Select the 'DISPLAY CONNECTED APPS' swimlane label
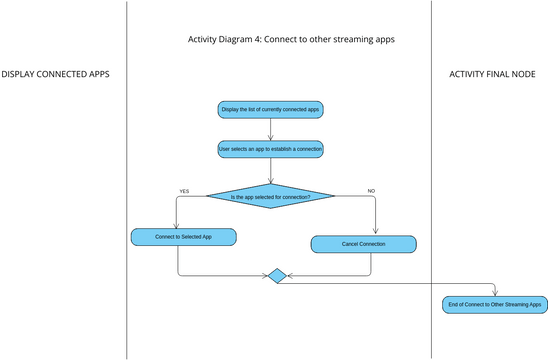pyautogui.click(x=55, y=75)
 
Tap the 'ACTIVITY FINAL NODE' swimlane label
pyautogui.click(x=491, y=75)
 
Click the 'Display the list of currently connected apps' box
pyautogui.click(x=270, y=108)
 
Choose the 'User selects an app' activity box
pyautogui.click(x=270, y=149)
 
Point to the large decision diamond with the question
pyautogui.click(x=270, y=196)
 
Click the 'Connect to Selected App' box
pyautogui.click(x=183, y=237)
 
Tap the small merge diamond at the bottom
pyautogui.click(x=277, y=275)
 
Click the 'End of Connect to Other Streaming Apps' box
pyautogui.click(x=494, y=304)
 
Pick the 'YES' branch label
pyautogui.click(x=184, y=190)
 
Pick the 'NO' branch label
pyautogui.click(x=371, y=190)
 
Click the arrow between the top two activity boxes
pyautogui.click(x=270, y=128)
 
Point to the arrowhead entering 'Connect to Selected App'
pyautogui.click(x=177, y=226)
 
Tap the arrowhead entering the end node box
pyautogui.click(x=494, y=293)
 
